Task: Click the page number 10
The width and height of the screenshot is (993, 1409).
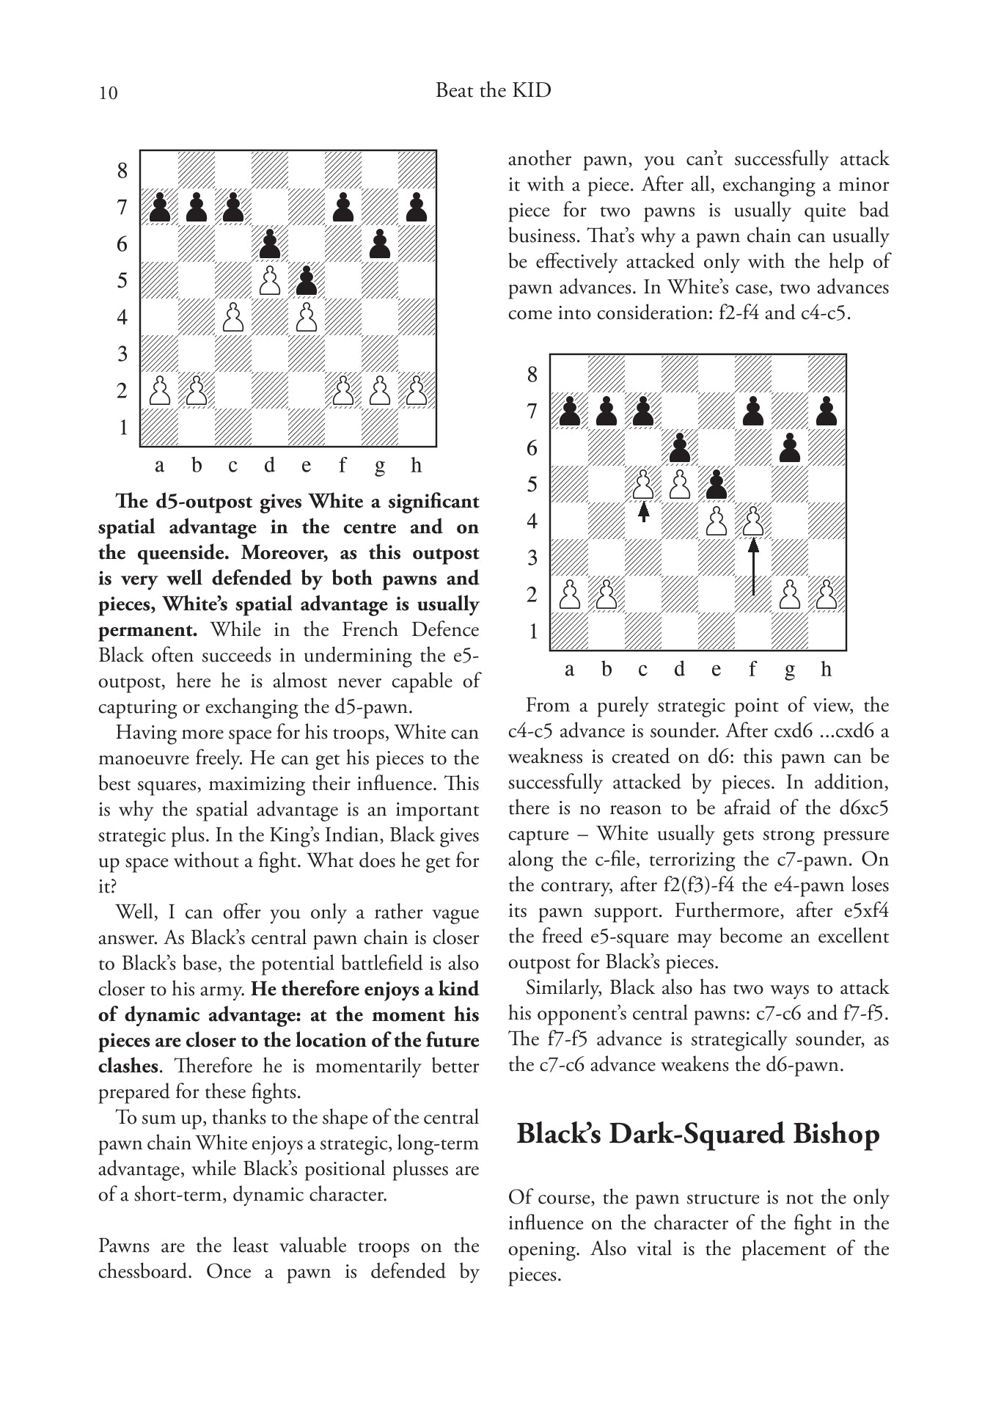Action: pos(107,92)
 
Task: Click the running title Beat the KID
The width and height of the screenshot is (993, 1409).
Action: pos(493,90)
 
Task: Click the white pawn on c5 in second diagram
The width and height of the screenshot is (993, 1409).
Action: pos(643,485)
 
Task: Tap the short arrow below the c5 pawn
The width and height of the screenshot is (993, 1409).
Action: pos(643,511)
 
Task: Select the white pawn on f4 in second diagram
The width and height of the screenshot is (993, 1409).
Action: pos(753,521)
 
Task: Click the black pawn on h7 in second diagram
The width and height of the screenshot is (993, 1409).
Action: pos(827,411)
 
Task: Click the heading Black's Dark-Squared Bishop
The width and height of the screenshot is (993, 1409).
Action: pos(697,1134)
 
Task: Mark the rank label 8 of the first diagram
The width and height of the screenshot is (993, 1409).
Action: pos(122,171)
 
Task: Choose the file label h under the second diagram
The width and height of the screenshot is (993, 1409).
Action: pos(827,669)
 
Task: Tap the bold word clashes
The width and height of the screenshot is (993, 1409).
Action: pos(128,1066)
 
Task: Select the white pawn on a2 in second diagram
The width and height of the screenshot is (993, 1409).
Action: pos(570,595)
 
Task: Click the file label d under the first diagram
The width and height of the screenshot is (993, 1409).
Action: pos(270,466)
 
